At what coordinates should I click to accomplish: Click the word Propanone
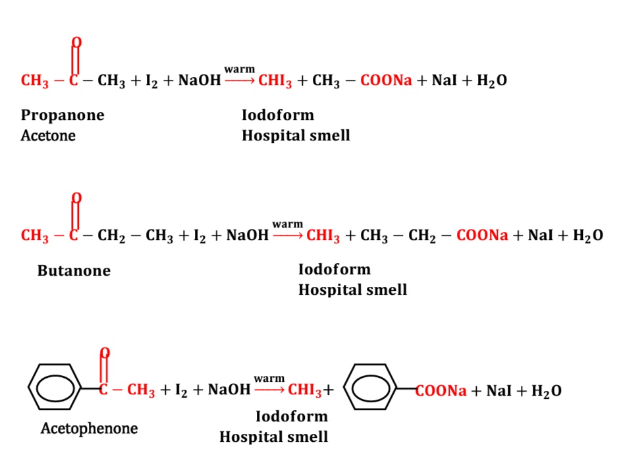[x=63, y=116]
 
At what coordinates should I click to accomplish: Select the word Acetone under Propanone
[x=48, y=136]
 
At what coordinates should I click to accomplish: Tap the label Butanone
[x=74, y=271]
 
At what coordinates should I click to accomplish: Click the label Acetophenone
[x=89, y=429]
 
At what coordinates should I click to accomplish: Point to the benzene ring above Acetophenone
[x=55, y=388]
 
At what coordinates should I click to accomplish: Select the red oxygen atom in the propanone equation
[x=76, y=43]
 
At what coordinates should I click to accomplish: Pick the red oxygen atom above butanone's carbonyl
[x=76, y=198]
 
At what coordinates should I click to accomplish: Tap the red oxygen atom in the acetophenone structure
[x=105, y=353]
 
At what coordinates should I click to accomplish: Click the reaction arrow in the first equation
[x=239, y=80]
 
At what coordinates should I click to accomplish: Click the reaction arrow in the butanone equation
[x=287, y=235]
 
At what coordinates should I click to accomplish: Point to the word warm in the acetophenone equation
[x=269, y=379]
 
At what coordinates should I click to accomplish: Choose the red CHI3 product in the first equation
[x=275, y=81]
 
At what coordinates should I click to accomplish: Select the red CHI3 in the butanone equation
[x=323, y=236]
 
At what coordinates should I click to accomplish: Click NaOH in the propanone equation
[x=200, y=81]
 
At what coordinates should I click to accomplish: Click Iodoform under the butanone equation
[x=334, y=270]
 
